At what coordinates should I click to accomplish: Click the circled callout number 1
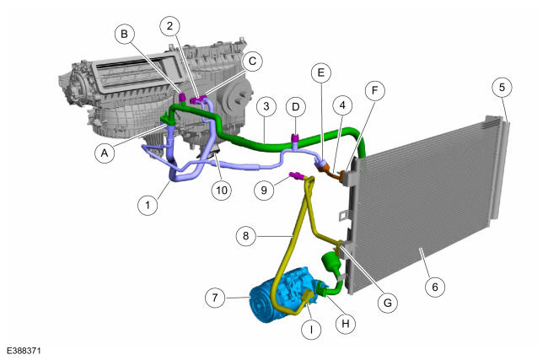148,205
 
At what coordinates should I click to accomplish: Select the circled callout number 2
169,25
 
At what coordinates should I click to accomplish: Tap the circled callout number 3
266,106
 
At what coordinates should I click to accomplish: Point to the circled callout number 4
342,105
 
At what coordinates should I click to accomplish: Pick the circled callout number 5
502,87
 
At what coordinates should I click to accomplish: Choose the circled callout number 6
435,287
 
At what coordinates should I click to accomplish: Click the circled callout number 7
215,298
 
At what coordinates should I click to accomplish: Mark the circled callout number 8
246,236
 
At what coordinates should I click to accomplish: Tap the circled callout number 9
264,190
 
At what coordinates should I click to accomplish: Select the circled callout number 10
222,191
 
